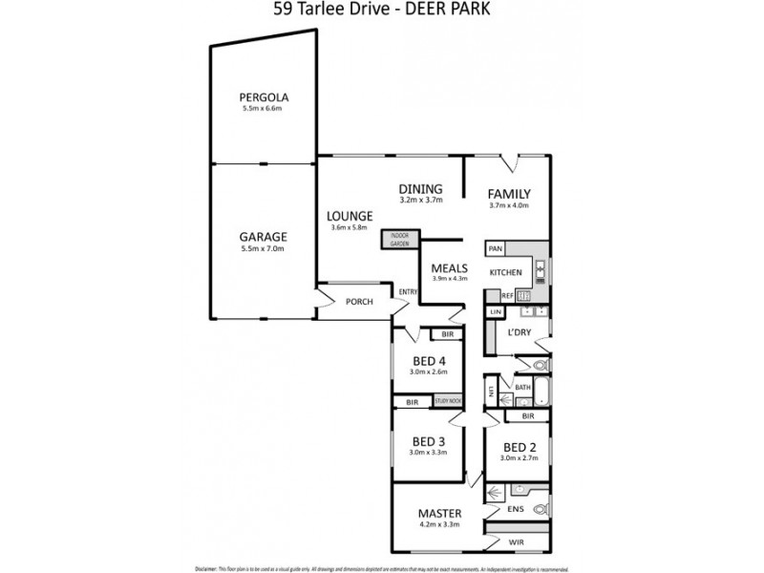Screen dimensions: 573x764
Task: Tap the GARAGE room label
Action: tap(263, 236)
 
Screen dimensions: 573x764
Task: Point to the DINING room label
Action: tap(420, 188)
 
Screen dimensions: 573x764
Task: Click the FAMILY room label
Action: tap(508, 194)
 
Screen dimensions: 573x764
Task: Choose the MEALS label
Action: tap(448, 267)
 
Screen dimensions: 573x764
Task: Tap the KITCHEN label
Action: tap(505, 273)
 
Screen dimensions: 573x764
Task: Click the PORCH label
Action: tap(359, 303)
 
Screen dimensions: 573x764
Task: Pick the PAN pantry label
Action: tap(496, 249)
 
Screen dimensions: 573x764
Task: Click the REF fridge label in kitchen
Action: tap(495, 297)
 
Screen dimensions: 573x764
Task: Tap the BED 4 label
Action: tap(429, 360)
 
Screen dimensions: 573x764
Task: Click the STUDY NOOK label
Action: tap(447, 402)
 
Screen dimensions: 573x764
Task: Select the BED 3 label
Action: tap(429, 441)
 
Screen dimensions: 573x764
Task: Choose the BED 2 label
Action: tap(519, 447)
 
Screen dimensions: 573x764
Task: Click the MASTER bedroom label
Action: tap(439, 513)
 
